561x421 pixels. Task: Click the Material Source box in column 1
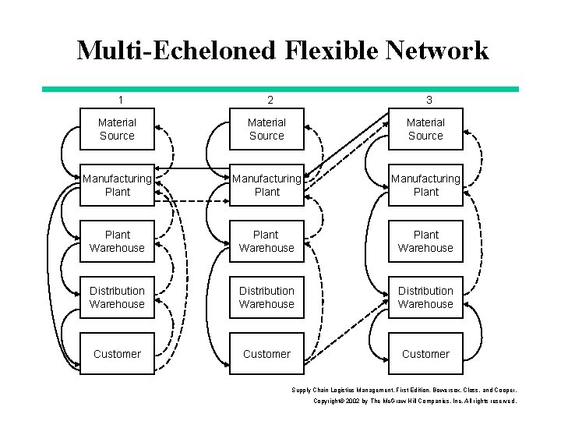tap(117, 129)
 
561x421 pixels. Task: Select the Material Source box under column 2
tap(266, 129)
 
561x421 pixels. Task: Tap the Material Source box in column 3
tap(425, 129)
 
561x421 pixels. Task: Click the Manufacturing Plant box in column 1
tap(117, 186)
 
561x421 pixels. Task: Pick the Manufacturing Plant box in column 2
tap(266, 186)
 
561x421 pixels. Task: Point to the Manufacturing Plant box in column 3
tap(425, 186)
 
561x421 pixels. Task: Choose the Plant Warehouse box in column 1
tap(117, 242)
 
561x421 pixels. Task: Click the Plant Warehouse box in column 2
tap(266, 242)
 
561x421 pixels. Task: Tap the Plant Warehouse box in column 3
tap(425, 242)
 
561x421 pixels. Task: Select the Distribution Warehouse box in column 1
tap(117, 298)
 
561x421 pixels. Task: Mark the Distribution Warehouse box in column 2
tap(266, 298)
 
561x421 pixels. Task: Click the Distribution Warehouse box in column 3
tap(425, 298)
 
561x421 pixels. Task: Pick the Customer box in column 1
tap(117, 354)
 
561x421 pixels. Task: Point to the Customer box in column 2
tap(266, 354)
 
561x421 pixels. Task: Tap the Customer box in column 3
tap(425, 354)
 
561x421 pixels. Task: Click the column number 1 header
tap(120, 100)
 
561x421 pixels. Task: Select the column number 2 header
tap(270, 100)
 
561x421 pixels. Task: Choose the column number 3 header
tap(429, 100)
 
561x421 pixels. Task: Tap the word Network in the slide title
tap(442, 51)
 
